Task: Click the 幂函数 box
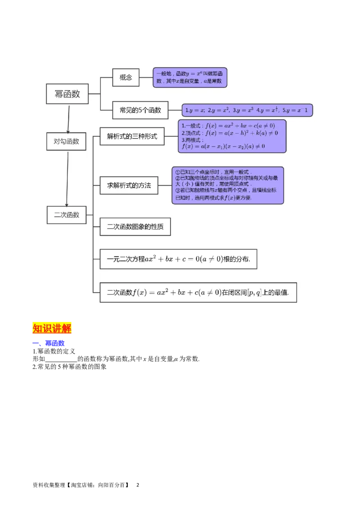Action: pyautogui.click(x=67, y=94)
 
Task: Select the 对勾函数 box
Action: pyautogui.click(x=66, y=141)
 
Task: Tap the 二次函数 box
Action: pyautogui.click(x=67, y=215)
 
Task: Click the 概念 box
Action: pyautogui.click(x=126, y=77)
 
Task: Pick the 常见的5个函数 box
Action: pyautogui.click(x=140, y=110)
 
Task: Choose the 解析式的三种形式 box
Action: pyautogui.click(x=132, y=136)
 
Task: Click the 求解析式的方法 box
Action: pyautogui.click(x=129, y=185)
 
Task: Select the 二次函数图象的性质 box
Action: pyautogui.click(x=135, y=227)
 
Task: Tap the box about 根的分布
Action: pyautogui.click(x=178, y=259)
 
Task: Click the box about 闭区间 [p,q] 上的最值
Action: pyautogui.click(x=198, y=292)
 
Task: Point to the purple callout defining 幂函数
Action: pyautogui.click(x=190, y=77)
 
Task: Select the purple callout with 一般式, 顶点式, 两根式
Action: pyautogui.click(x=232, y=136)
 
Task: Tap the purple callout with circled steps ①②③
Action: pyautogui.click(x=228, y=185)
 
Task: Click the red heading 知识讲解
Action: pyautogui.click(x=52, y=328)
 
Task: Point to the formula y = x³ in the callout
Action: pyautogui.click(x=244, y=110)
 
